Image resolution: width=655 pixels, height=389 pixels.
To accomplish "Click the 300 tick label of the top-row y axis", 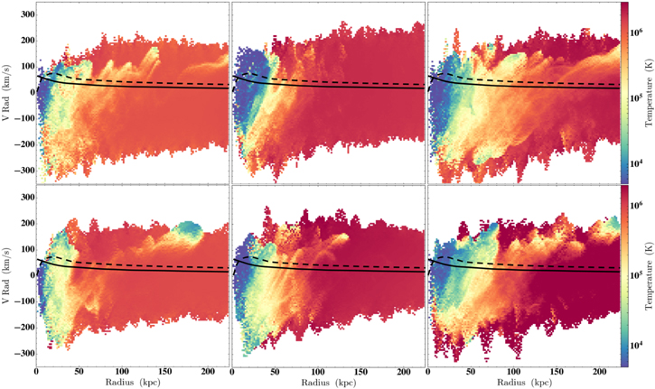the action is [x=28, y=15].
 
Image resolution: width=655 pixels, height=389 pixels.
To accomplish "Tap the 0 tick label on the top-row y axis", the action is [x=33, y=93].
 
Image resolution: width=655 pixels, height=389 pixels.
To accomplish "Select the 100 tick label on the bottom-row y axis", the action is [x=28, y=250].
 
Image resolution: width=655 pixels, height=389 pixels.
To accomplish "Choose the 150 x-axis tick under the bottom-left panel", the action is [x=165, y=372].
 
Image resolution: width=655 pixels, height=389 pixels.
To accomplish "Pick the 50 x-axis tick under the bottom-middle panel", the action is [x=275, y=372].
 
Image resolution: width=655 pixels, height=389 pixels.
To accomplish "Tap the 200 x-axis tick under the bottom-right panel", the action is [x=600, y=372].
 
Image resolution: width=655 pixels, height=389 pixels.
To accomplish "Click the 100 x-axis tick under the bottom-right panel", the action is [x=513, y=372].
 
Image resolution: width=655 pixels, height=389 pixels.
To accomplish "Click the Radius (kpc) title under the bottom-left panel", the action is [x=133, y=382].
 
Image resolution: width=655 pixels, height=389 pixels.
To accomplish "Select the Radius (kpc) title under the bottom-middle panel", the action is [x=328, y=382].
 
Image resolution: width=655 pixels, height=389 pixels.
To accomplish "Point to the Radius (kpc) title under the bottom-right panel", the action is [x=524, y=382].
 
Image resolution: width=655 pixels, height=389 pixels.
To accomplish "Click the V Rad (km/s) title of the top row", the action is [x=6, y=93].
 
